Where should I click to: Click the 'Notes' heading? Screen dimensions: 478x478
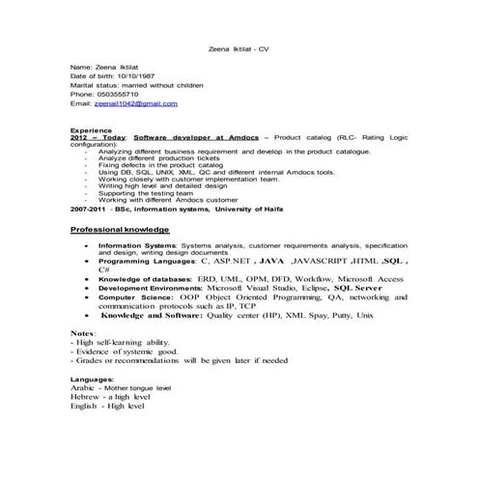82,332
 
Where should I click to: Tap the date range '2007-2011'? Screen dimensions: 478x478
89,208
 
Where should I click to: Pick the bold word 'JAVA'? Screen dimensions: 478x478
272,261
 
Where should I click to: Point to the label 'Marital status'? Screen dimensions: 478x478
96,85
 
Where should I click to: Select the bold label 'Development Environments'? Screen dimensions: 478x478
147,288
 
